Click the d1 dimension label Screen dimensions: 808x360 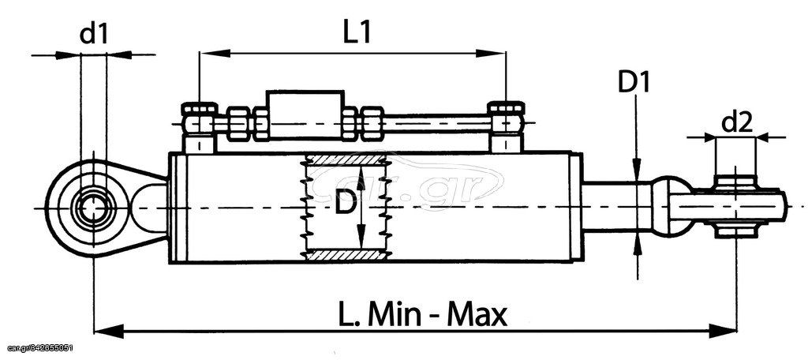[95, 34]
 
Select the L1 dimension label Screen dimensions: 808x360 [357, 32]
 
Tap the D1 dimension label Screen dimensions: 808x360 [634, 83]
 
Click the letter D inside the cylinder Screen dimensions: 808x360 [344, 205]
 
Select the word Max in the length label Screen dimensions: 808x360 [477, 314]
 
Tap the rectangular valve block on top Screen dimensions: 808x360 [305, 114]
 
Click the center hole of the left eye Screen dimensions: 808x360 [93, 208]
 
